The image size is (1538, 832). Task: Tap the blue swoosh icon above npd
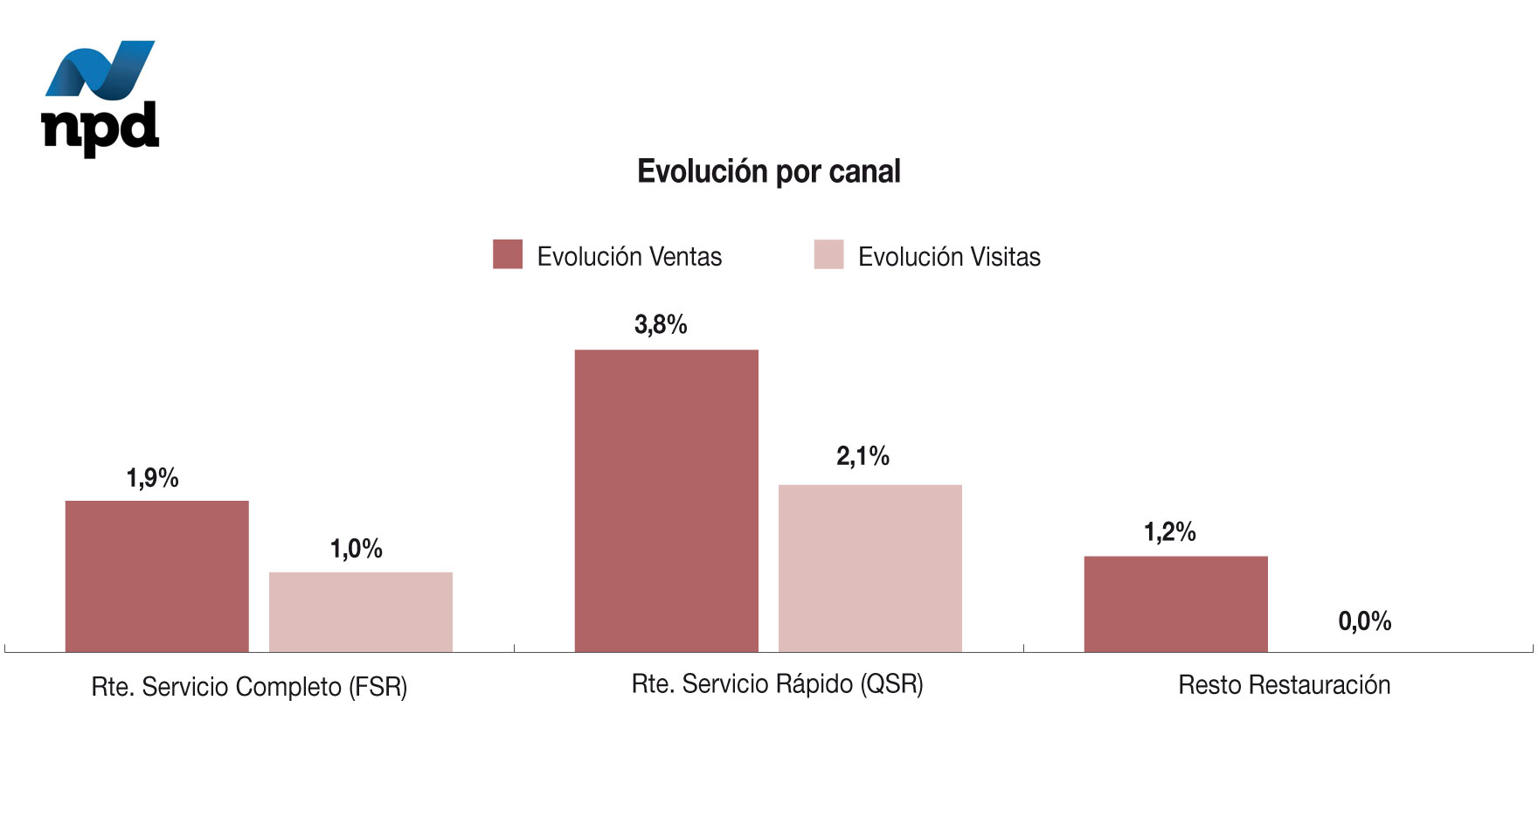coord(100,69)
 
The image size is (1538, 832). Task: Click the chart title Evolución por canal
coord(768,171)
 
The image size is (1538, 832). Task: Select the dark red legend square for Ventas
coord(508,254)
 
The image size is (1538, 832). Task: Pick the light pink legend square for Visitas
coord(828,254)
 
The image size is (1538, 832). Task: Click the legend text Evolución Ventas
coord(629,257)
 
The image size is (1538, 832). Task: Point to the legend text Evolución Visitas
coord(949,257)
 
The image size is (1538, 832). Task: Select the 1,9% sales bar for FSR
coord(157,576)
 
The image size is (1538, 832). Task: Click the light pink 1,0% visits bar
coord(361,612)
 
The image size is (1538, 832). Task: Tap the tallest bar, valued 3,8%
coord(666,501)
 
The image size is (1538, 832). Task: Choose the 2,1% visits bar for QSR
coord(870,568)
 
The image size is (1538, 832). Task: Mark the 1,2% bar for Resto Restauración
coord(1175,604)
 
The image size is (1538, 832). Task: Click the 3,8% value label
coord(661,325)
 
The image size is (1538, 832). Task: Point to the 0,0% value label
coord(1364,621)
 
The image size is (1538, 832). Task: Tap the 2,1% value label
coord(863,456)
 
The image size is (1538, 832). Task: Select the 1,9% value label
coord(153,478)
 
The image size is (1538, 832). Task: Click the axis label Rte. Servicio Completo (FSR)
coord(249,687)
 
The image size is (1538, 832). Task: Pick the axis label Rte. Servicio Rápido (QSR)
coord(777,683)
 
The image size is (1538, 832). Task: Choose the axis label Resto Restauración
coord(1284,685)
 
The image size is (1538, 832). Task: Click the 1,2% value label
coord(1170,532)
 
